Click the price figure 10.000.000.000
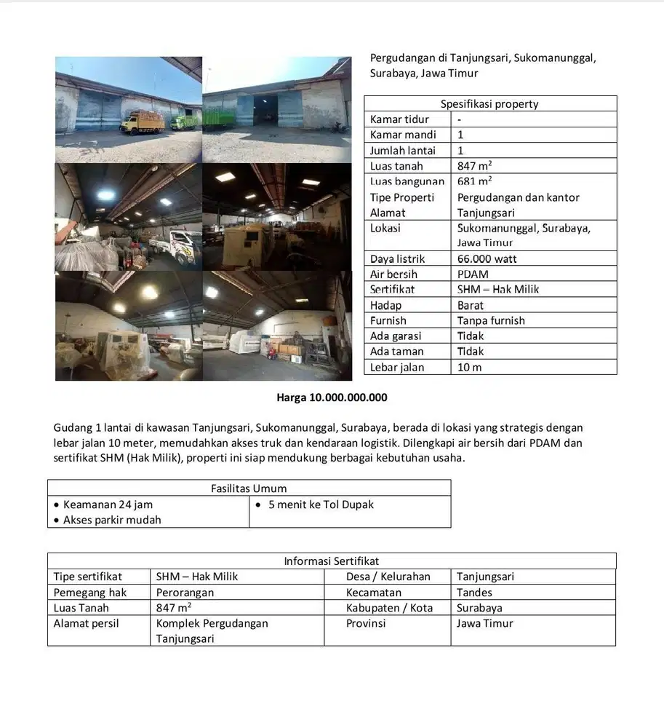(348, 397)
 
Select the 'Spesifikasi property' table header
(489, 103)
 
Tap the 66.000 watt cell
(487, 258)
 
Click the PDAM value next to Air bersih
(473, 274)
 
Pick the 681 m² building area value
(474, 181)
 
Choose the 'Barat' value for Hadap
(471, 305)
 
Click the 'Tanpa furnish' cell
(491, 320)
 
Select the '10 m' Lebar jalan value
(469, 367)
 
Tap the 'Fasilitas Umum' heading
(249, 488)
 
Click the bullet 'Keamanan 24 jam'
(108, 504)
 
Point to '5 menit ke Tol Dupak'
(321, 504)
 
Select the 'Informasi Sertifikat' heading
(331, 561)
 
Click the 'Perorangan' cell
(185, 593)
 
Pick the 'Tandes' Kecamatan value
(474, 593)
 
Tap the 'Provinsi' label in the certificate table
(366, 623)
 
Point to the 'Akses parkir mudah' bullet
(112, 520)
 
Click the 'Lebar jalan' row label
(397, 367)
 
